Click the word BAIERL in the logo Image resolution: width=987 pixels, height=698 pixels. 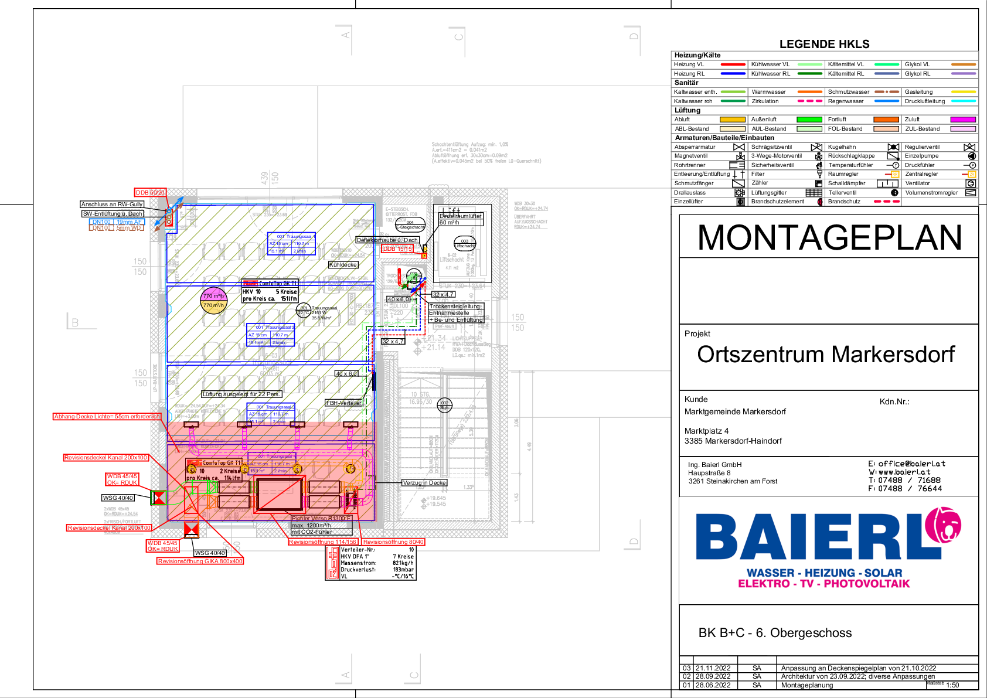[x=809, y=536]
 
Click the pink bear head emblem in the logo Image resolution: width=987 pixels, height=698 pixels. [x=943, y=525]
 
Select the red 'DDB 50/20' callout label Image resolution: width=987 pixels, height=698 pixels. [x=150, y=193]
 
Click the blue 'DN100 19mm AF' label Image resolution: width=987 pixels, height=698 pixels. [x=117, y=222]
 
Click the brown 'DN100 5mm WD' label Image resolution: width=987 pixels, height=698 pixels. [x=117, y=228]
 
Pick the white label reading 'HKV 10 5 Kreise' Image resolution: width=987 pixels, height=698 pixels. [x=270, y=295]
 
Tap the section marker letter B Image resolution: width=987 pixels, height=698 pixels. [x=75, y=323]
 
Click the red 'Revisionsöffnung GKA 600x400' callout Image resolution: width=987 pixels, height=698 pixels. [x=200, y=561]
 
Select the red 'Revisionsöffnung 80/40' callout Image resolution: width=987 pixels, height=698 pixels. [x=393, y=542]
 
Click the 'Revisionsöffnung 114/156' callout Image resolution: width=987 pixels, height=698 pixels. [x=322, y=542]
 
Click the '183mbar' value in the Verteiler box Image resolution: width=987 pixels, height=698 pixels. [x=403, y=570]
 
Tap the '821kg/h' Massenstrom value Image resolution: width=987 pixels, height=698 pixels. [x=403, y=563]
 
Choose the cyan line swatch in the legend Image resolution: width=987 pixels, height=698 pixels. [x=963, y=101]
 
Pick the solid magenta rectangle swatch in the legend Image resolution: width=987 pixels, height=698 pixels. [x=963, y=120]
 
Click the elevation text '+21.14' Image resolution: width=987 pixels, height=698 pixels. [x=433, y=348]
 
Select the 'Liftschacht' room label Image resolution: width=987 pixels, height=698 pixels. [x=452, y=259]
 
